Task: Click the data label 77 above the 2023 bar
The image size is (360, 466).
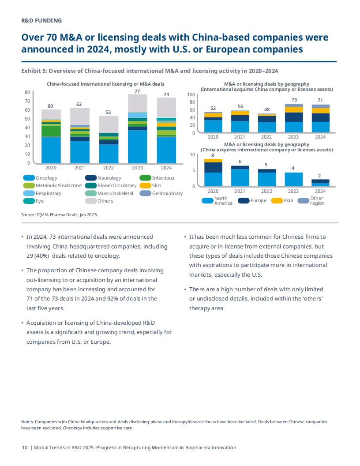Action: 137,91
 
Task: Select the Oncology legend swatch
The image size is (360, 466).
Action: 29,178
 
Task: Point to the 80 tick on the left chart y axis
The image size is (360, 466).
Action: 27,92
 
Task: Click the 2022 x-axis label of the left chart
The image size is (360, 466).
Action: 109,168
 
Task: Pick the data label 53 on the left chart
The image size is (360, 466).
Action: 108,112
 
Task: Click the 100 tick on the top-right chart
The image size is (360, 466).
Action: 191,94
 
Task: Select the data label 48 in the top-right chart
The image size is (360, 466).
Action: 267,109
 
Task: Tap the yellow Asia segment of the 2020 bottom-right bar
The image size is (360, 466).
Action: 213,161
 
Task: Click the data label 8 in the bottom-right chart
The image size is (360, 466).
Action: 213,155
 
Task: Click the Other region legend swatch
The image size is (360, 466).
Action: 303,201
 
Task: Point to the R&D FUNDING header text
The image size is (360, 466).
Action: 41,20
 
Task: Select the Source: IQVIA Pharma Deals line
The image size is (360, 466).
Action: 60,214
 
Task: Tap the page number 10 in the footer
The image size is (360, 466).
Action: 25,447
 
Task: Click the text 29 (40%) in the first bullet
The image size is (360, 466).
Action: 38,256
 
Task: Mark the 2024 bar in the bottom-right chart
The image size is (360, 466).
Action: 320,183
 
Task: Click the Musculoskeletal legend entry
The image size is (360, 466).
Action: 115,193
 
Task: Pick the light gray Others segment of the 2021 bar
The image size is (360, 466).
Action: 80,116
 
